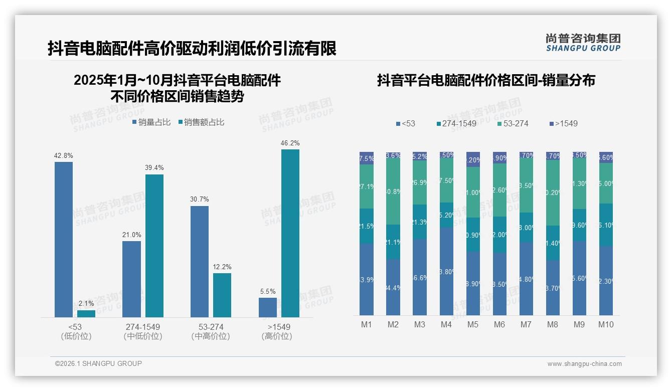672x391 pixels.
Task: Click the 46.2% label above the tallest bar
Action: (x=290, y=143)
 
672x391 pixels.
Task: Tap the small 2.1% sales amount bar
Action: (x=86, y=313)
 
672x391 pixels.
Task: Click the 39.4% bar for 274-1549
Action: (x=154, y=246)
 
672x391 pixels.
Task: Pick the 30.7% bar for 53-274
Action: (x=200, y=261)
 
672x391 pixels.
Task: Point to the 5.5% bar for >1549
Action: (x=268, y=307)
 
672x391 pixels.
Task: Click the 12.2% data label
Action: (x=222, y=267)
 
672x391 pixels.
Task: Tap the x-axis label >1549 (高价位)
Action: (x=276, y=331)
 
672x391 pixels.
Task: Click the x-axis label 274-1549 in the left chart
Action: (x=143, y=327)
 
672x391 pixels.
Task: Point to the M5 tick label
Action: (x=473, y=324)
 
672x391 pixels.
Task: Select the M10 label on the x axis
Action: (x=606, y=324)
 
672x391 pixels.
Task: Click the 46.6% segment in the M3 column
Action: (x=420, y=277)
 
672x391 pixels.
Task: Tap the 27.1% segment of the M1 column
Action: (x=367, y=186)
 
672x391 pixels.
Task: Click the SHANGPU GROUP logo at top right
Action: (x=583, y=43)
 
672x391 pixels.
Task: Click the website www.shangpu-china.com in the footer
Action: (x=584, y=364)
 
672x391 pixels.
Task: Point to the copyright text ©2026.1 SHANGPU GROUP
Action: (x=98, y=363)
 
